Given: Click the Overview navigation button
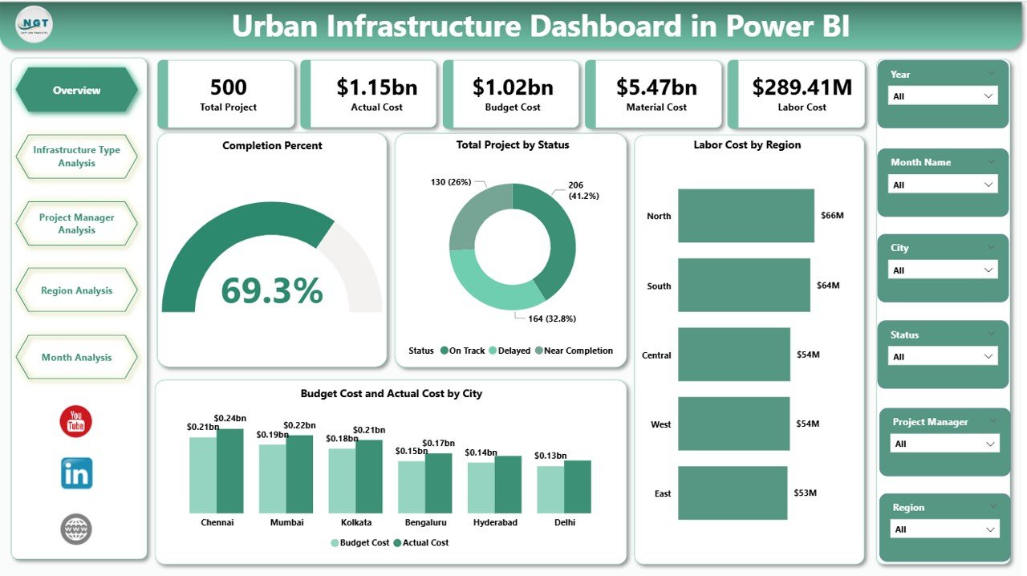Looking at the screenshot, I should point(77,91).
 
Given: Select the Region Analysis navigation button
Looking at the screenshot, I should point(77,290).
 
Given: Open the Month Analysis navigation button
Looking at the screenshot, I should point(77,357).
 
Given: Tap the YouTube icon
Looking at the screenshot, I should point(76,422).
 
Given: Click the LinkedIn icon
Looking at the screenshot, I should point(77,473).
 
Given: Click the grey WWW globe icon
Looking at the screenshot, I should point(76,529).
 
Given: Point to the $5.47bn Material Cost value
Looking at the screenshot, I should point(656,87).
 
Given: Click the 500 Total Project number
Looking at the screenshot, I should point(229,87).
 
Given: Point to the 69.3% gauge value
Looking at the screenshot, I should point(272,290).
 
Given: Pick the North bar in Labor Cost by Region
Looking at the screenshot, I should point(745,215).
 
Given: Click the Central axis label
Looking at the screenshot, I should point(656,355).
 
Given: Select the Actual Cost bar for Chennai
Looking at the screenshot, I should point(229,471).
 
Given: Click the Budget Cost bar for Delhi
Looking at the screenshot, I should point(550,489).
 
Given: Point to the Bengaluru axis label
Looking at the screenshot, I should point(425,522).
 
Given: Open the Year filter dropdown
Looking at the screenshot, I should point(943,96).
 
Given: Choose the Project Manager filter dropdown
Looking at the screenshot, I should point(944,444).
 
